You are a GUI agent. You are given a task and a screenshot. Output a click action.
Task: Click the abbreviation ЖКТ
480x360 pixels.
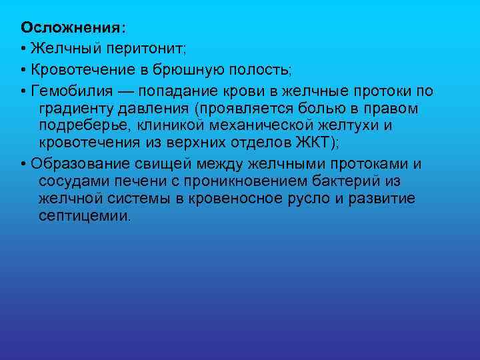(307, 143)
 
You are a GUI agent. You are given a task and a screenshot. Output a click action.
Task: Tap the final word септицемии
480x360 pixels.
(85, 216)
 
